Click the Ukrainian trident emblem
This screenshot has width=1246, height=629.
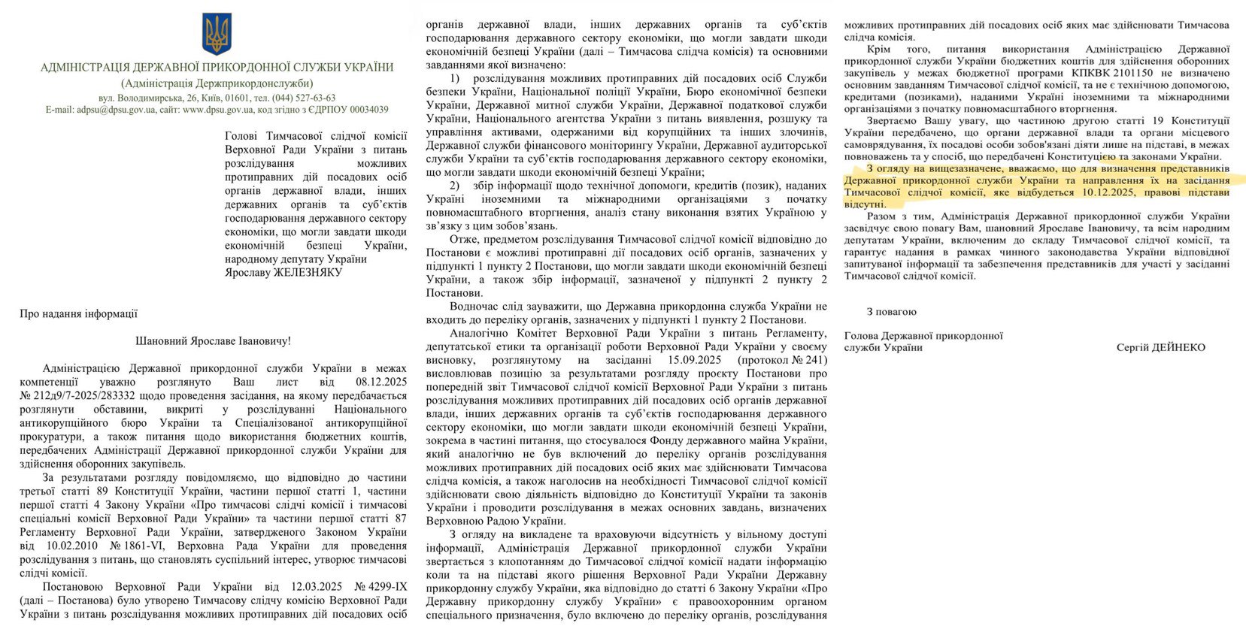pos(217,34)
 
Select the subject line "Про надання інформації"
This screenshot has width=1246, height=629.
pos(79,314)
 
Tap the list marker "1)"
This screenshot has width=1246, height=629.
pos(454,79)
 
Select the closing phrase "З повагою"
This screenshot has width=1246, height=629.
pos(892,311)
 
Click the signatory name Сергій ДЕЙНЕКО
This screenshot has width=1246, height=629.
pos(1160,347)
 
